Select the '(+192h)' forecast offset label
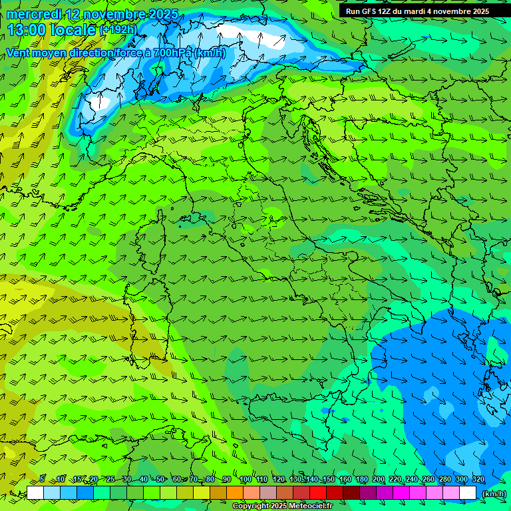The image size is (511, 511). (118, 30)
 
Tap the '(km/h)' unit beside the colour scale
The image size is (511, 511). (493, 494)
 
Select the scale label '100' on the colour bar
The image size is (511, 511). (245, 480)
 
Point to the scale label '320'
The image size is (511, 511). (478, 480)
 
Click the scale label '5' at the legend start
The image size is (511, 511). (42, 480)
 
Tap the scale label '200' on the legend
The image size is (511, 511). (379, 480)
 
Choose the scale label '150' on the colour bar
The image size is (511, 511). (329, 480)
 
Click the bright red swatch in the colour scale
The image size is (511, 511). (318, 493)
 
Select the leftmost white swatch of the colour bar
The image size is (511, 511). (35, 493)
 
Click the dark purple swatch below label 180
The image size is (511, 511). (368, 493)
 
